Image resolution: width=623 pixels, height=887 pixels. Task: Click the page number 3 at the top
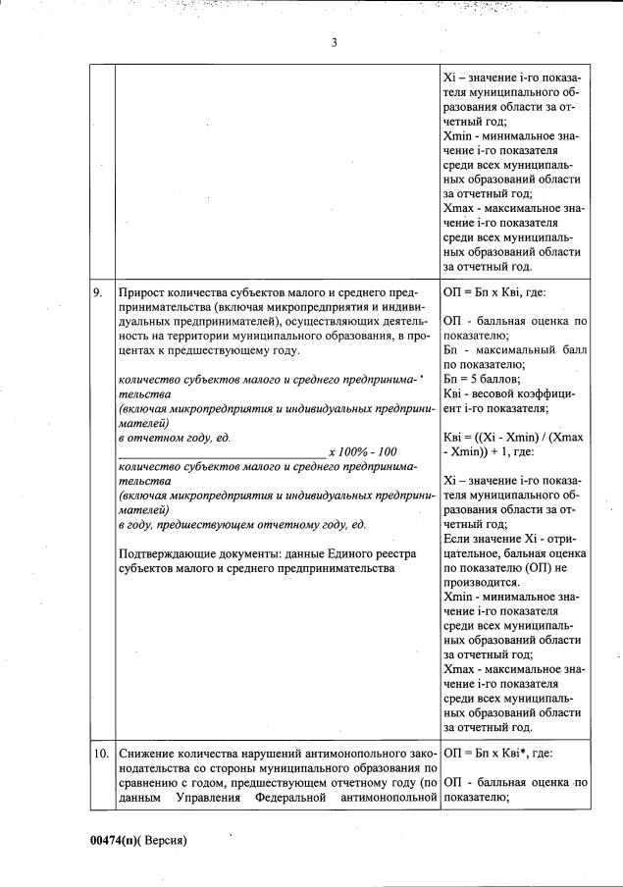click(x=334, y=42)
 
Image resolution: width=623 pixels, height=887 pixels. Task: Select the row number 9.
click(x=98, y=292)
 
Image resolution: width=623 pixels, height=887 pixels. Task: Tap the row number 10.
click(x=100, y=754)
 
